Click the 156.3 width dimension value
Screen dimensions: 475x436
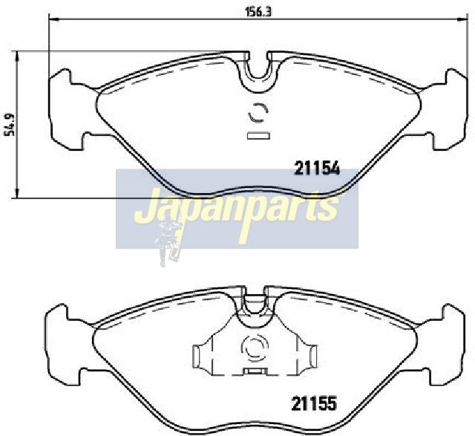pyautogui.click(x=258, y=13)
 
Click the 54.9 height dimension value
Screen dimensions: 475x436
pyautogui.click(x=10, y=125)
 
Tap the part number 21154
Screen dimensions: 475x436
pyautogui.click(x=317, y=169)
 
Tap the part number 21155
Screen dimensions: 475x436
pyautogui.click(x=314, y=403)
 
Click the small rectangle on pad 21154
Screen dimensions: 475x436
pyautogui.click(x=258, y=136)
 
